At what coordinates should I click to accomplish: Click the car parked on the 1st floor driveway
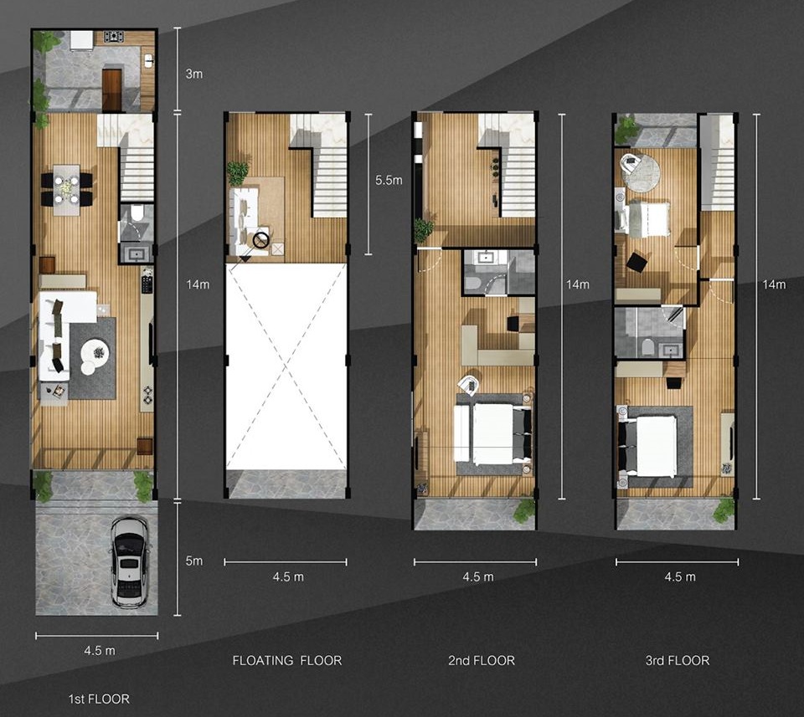[x=130, y=562]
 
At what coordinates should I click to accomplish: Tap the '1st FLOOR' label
[x=99, y=699]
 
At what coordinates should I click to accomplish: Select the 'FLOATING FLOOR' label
[x=287, y=661]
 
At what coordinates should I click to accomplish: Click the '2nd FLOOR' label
[x=482, y=661]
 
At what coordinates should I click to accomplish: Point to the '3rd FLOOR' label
[x=678, y=661]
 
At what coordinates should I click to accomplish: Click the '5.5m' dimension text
[x=389, y=180]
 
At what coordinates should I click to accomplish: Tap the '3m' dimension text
[x=193, y=74]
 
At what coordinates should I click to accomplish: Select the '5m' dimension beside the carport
[x=193, y=561]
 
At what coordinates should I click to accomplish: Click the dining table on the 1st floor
[x=67, y=190]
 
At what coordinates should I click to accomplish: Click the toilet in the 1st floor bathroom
[x=137, y=213]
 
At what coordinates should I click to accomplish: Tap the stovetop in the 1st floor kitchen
[x=114, y=36]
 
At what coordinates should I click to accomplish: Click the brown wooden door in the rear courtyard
[x=111, y=90]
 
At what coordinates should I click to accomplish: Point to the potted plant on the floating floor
[x=237, y=173]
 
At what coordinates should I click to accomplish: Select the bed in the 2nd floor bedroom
[x=492, y=433]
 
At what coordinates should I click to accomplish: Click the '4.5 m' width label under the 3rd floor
[x=680, y=576]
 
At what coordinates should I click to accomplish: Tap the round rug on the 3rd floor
[x=640, y=173]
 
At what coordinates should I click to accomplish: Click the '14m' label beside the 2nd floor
[x=577, y=284]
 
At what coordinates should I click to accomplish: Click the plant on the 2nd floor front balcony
[x=524, y=510]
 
